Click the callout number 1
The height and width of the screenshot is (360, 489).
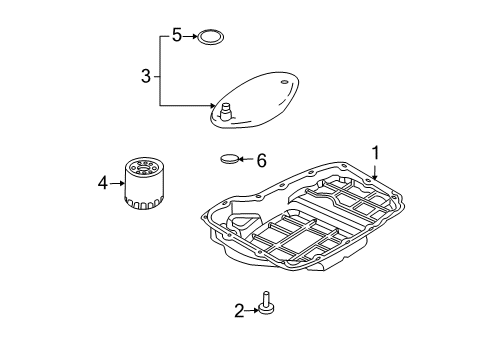376,153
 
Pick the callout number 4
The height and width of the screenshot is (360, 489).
102,182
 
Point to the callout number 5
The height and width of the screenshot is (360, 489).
176,36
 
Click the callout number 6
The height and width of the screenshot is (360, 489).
262,159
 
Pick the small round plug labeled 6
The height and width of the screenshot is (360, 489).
231,157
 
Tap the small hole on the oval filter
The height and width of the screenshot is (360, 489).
285,81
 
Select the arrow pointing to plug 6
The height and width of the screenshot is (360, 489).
248,159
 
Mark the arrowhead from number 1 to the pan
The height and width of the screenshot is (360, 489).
374,178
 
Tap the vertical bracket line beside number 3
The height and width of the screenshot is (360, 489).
157,70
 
